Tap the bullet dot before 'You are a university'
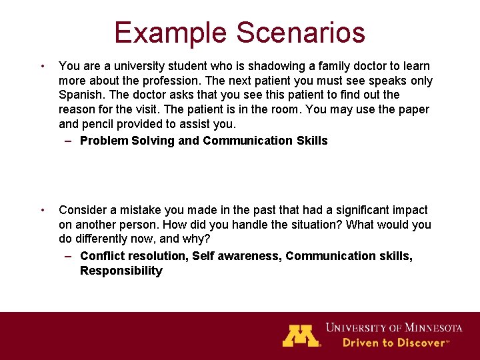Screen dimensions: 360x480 coord(43,66)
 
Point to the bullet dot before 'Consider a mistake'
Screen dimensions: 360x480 coord(43,210)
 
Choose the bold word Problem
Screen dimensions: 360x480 coord(103,141)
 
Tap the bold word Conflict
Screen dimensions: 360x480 coord(101,256)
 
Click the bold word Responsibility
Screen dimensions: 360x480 coord(121,271)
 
